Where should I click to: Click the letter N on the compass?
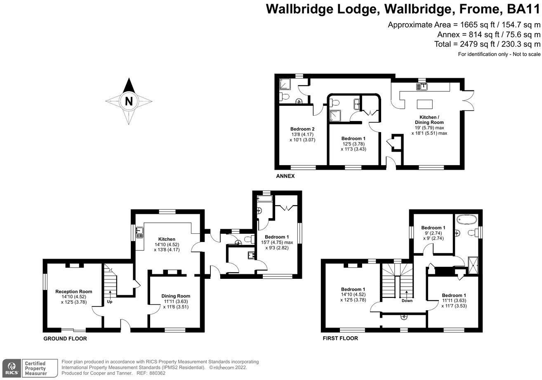pyautogui.click(x=129, y=101)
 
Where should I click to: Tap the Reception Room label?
pyautogui.click(x=74, y=292)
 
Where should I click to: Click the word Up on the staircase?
pyautogui.click(x=110, y=302)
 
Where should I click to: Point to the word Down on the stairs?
pyautogui.click(x=407, y=301)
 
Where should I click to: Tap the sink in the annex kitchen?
pyautogui.click(x=422, y=87)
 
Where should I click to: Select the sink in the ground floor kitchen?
pyautogui.click(x=139, y=233)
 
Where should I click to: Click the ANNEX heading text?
pyautogui.click(x=285, y=176)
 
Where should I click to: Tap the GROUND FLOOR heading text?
pyautogui.click(x=65, y=339)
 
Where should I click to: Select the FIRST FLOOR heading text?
pyautogui.click(x=340, y=338)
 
